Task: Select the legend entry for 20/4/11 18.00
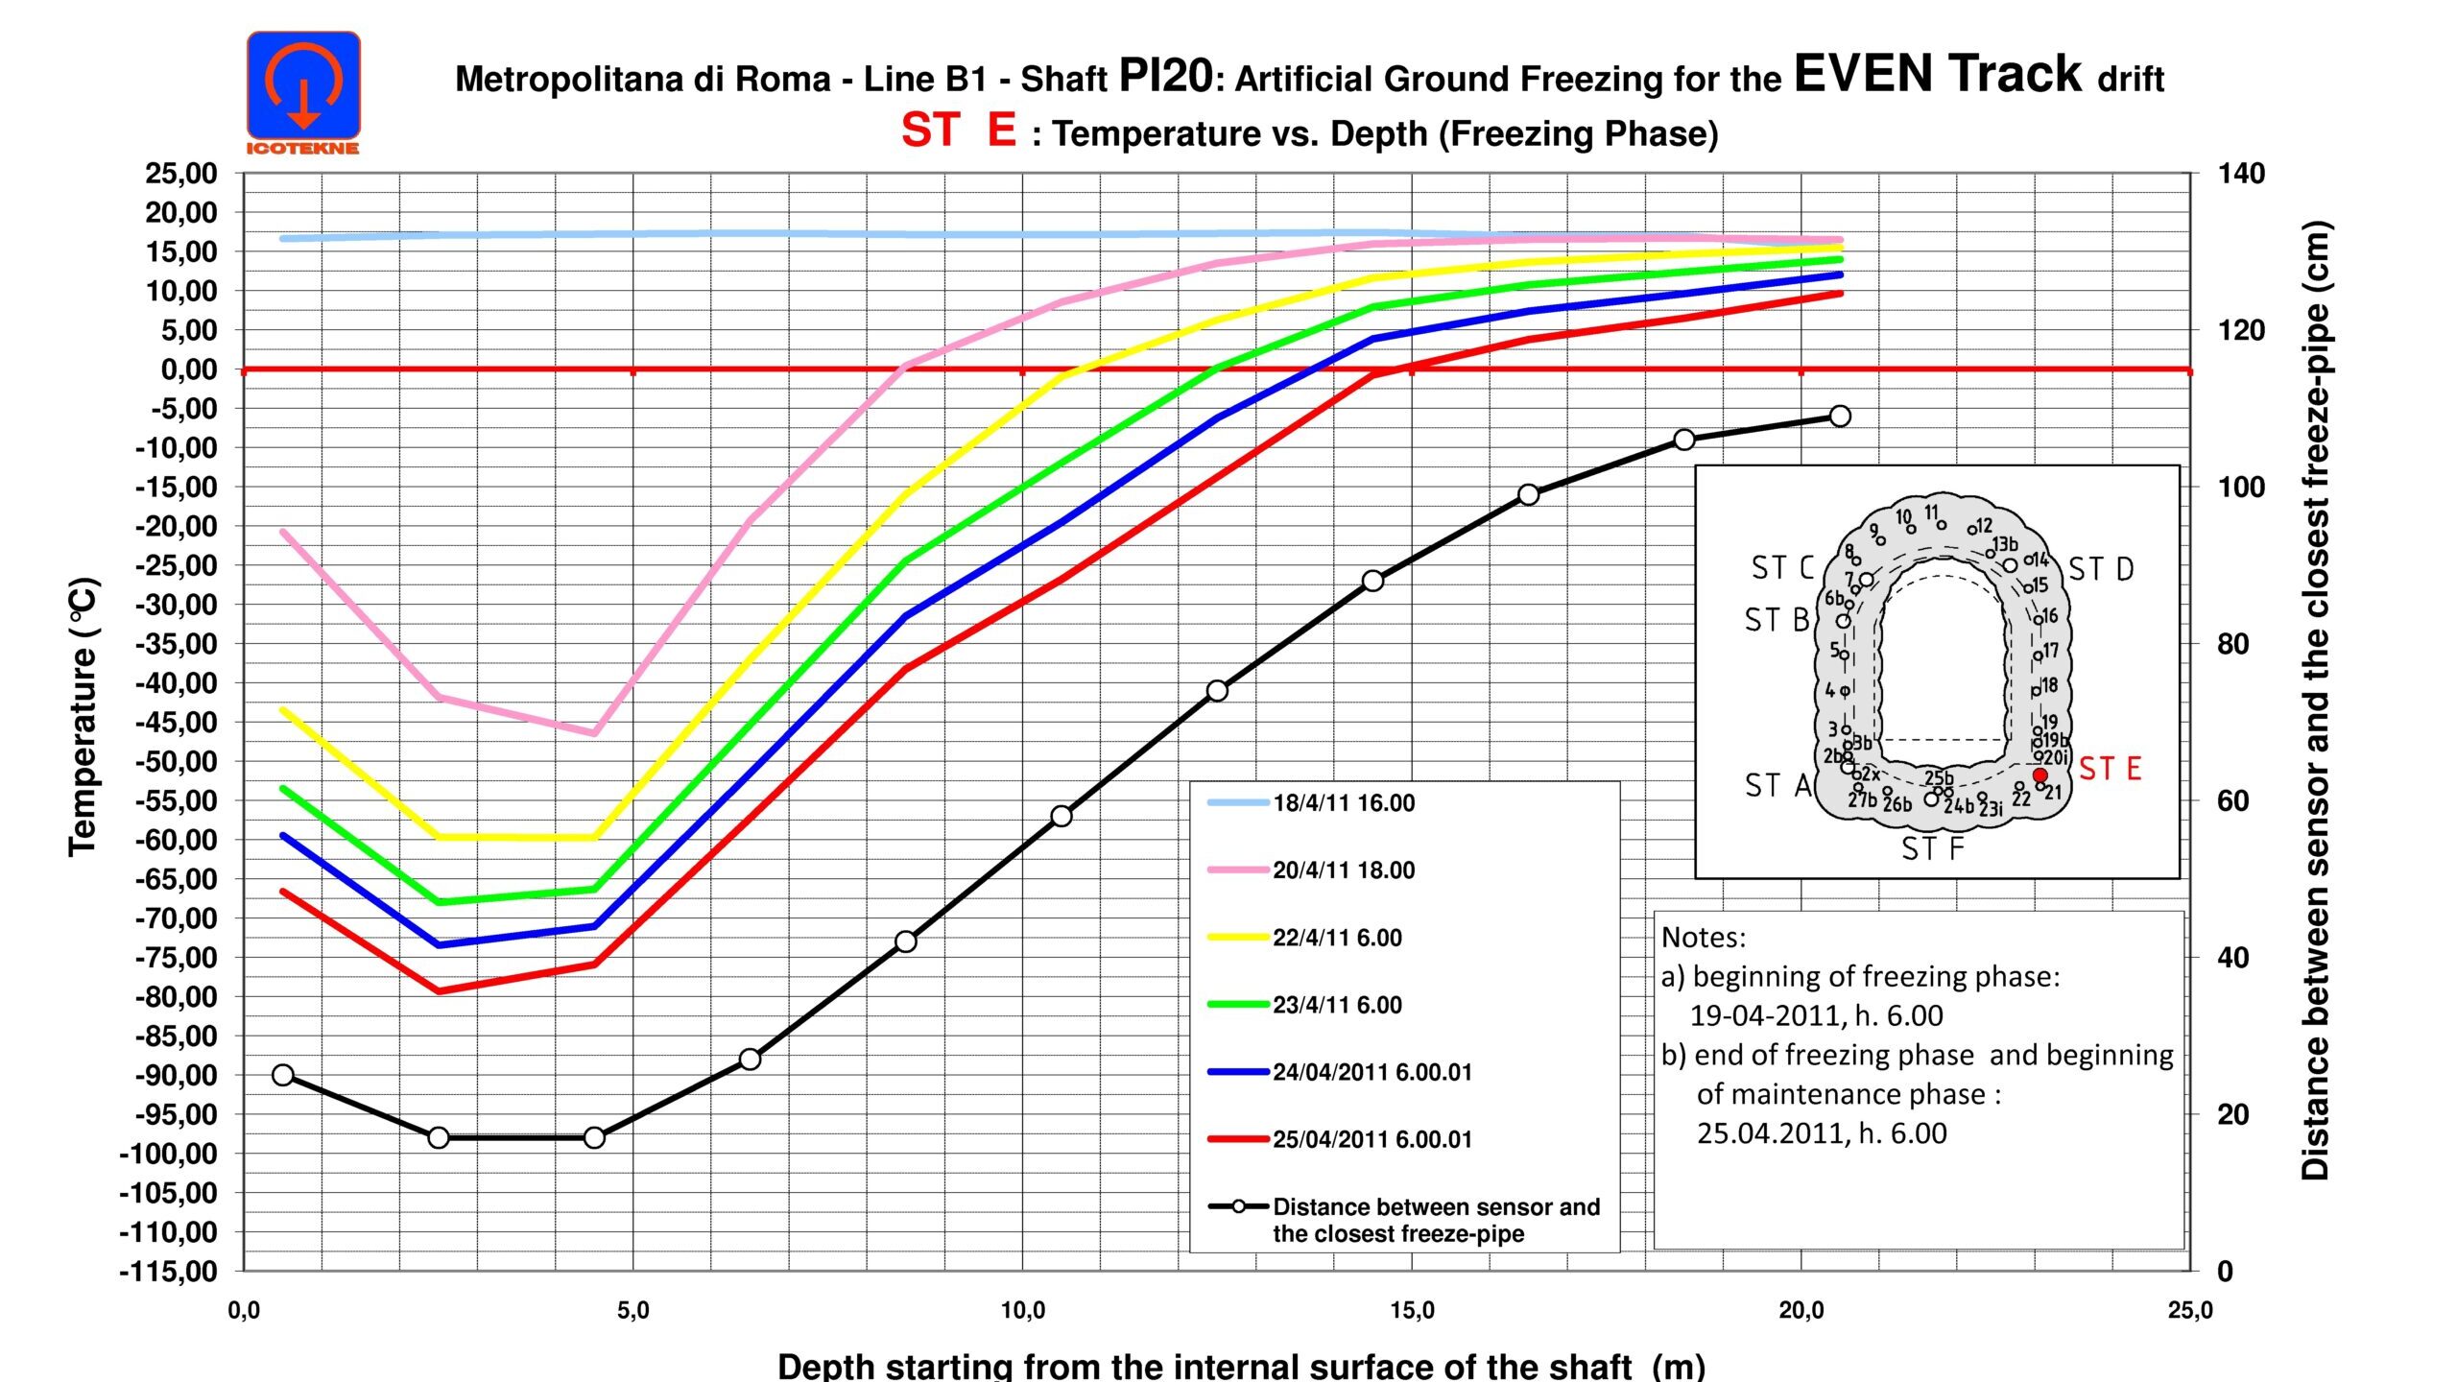coord(1343,870)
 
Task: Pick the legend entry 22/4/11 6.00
coord(1336,938)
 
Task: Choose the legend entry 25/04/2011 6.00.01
coord(1372,1139)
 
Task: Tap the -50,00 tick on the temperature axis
coord(182,761)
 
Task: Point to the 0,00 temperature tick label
coord(189,369)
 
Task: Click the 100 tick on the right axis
coord(2241,487)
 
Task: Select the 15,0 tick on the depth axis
coord(1411,1311)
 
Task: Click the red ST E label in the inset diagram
coord(2110,769)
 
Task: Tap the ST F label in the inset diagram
coord(1932,848)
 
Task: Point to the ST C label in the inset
coord(1781,568)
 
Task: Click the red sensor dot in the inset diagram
coord(2040,774)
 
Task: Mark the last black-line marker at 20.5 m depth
coord(1840,416)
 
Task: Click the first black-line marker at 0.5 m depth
coord(283,1075)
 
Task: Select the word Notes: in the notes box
coord(1704,937)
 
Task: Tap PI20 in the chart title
coord(1165,77)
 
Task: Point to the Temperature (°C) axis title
coord(83,716)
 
